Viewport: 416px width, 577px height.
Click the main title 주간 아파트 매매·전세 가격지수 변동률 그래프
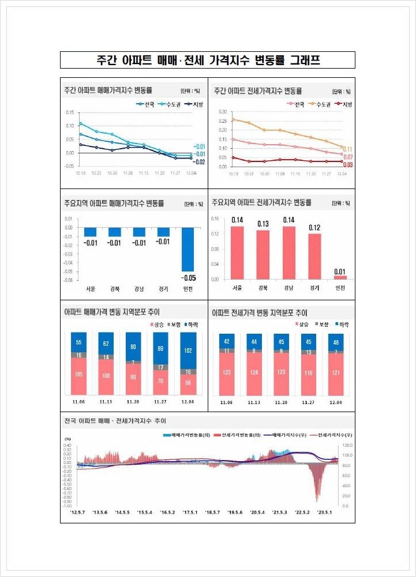tap(208, 60)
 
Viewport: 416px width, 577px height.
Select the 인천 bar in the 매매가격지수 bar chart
tap(188, 249)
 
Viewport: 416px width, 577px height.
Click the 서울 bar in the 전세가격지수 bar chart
tap(237, 252)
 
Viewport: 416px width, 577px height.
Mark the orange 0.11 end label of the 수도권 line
tap(347, 149)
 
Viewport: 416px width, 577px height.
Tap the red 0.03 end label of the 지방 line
tap(347, 165)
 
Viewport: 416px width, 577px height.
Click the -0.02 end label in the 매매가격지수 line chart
tap(198, 162)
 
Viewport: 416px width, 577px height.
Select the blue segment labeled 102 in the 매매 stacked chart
tap(188, 350)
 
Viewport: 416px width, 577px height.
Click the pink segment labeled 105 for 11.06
tap(78, 375)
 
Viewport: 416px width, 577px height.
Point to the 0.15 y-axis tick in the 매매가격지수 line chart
tap(69, 112)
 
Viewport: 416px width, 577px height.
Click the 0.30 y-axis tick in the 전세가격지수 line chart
tap(223, 112)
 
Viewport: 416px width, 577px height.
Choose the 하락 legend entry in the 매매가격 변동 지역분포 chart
tap(191, 325)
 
